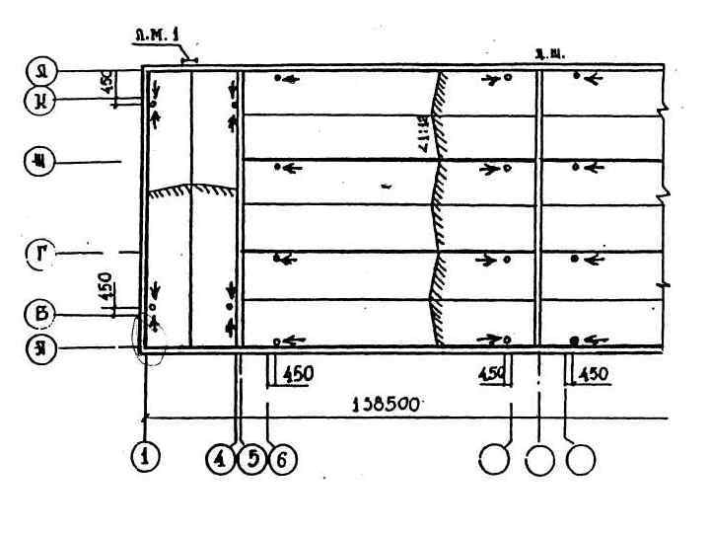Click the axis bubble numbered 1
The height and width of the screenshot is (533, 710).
146,459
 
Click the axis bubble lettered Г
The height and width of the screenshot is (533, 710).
41,254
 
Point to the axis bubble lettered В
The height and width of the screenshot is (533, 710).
41,316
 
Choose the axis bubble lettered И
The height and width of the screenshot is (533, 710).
41,99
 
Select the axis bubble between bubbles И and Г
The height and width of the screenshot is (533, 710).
41,161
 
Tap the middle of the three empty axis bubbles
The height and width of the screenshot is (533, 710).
539,459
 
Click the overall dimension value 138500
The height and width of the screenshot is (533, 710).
389,403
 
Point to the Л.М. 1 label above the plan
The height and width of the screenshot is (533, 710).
157,41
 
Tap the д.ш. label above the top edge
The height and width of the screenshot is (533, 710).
548,54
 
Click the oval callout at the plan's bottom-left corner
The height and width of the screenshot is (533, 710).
149,341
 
